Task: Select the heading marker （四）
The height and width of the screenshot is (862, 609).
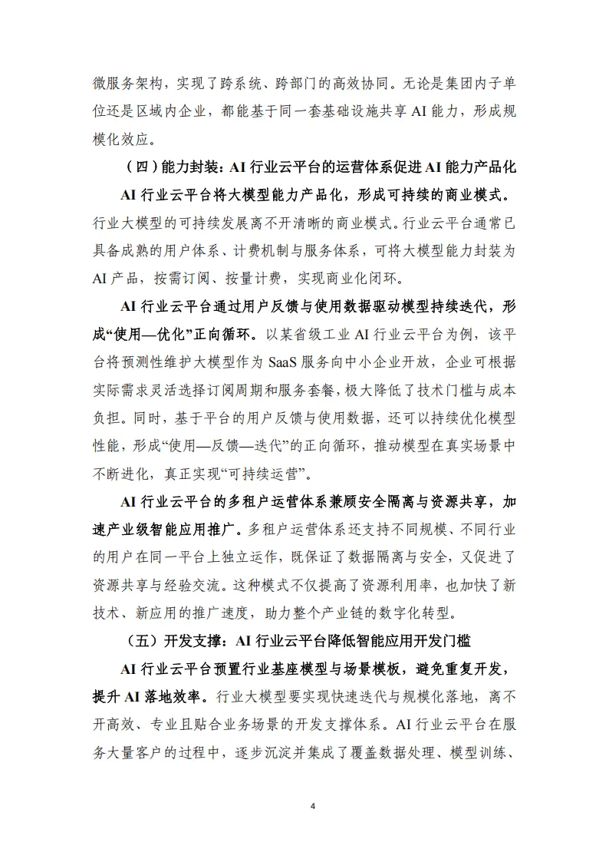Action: pyautogui.click(x=139, y=167)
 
